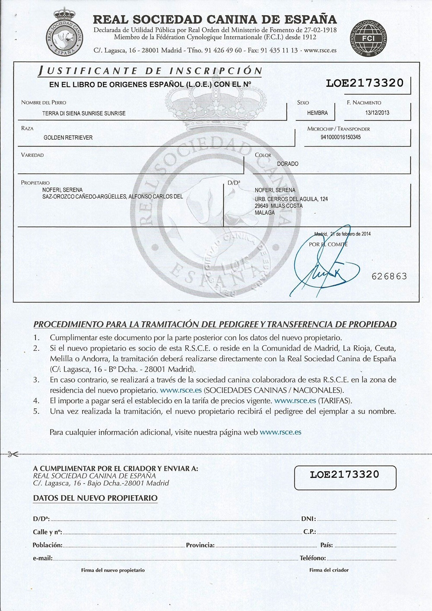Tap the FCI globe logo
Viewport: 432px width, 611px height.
click(x=368, y=38)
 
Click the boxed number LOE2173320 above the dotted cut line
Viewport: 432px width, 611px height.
click(x=365, y=83)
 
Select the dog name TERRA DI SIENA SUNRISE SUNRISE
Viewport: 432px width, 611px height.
click(x=84, y=113)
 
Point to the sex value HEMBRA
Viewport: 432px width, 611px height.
click(x=318, y=113)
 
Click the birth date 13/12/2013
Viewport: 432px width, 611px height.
click(x=377, y=113)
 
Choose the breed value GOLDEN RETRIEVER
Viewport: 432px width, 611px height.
click(x=68, y=138)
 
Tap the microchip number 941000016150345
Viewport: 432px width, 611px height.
click(x=340, y=137)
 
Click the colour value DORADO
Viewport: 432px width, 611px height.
click(x=288, y=164)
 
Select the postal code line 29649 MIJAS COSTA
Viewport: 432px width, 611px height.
click(x=279, y=206)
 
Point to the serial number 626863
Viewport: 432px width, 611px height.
click(x=389, y=276)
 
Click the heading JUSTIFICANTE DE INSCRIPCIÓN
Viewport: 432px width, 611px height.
click(x=150, y=71)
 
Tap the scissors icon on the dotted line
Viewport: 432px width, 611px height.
click(x=13, y=454)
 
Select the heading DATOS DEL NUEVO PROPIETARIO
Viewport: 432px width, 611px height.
click(x=95, y=498)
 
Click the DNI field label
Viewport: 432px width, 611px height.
click(x=308, y=519)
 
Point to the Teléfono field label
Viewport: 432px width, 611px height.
click(x=313, y=558)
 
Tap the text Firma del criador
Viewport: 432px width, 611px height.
click(x=329, y=570)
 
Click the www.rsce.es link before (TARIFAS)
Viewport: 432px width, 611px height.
click(x=295, y=401)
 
